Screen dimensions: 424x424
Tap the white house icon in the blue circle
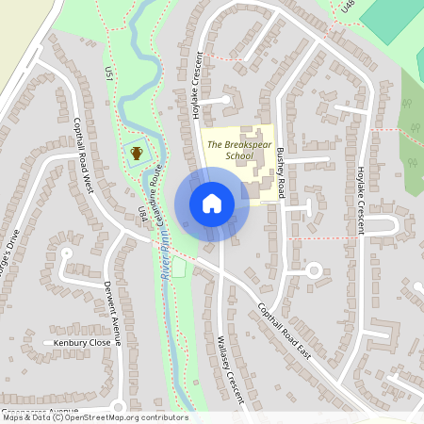coord(212,203)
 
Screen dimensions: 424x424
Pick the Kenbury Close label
coord(82,343)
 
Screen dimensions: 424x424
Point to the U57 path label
coord(109,73)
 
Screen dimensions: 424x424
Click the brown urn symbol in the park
coord(137,153)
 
